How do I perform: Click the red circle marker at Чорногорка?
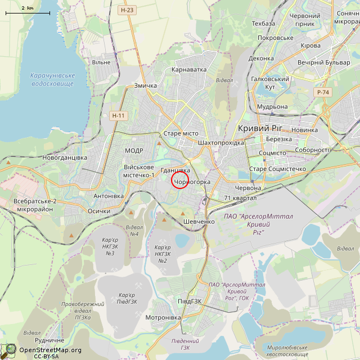point(179,180)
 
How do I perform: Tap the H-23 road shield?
point(127,10)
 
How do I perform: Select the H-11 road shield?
point(118,115)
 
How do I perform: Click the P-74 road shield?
point(323,92)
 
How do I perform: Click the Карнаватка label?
point(189,70)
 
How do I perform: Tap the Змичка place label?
point(145,85)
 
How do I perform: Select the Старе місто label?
point(181,133)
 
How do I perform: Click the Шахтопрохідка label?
point(221,143)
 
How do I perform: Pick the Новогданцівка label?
point(65,157)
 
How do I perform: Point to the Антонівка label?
point(109,196)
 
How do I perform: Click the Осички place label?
point(99,211)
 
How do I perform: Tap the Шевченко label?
point(199,222)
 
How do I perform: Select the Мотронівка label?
point(162,317)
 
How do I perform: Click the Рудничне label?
point(49,340)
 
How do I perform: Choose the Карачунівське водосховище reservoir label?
point(52,79)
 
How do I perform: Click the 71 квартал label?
point(240,198)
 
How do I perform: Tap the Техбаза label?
point(264,24)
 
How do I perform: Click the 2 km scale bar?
point(27,12)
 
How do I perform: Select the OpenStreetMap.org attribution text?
point(50,350)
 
